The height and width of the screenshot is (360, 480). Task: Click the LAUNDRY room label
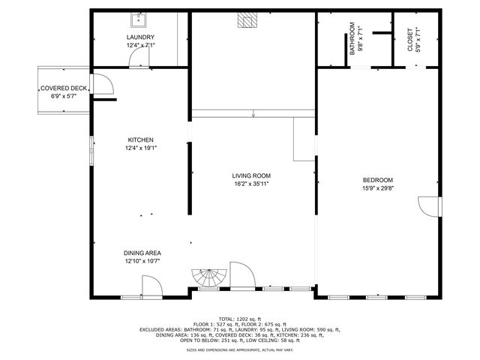tap(140, 37)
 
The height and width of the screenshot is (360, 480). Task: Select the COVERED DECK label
tap(63, 88)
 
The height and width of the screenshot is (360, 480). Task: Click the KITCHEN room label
tap(140, 140)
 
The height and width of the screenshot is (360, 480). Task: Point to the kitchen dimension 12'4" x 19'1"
tap(140, 148)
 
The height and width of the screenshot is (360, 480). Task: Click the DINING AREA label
tap(142, 253)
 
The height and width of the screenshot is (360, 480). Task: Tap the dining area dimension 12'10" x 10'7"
tap(142, 261)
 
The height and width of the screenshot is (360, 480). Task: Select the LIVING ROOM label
tap(250, 175)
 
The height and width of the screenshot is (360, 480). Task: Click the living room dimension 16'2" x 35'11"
tap(250, 183)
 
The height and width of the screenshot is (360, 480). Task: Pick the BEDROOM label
tap(378, 180)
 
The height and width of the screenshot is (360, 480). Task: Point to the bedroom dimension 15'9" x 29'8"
tap(378, 187)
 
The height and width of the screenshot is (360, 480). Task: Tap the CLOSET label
tap(409, 40)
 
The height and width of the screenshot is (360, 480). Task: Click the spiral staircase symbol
tap(207, 279)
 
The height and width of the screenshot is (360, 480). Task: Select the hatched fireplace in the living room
tap(247, 20)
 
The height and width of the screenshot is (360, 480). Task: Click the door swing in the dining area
tap(149, 286)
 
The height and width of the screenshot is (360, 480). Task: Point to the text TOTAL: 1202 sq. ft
tap(239, 319)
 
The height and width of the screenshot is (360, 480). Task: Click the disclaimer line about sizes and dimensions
tap(239, 350)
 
